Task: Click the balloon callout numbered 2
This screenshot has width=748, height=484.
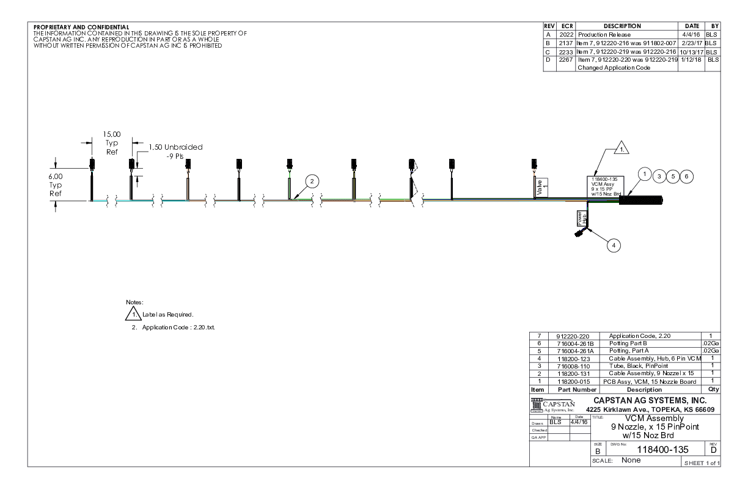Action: point(312,182)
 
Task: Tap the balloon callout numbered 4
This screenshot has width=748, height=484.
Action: point(614,244)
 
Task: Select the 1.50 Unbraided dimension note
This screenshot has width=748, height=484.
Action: point(176,151)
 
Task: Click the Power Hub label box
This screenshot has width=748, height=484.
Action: point(581,218)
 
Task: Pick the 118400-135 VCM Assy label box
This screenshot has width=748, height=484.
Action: point(604,185)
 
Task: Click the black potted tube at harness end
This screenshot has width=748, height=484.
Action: point(641,200)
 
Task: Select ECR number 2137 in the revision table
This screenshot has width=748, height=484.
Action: point(562,43)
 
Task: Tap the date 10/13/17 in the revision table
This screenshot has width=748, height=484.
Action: point(691,52)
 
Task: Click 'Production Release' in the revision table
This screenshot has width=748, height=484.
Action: point(595,35)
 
